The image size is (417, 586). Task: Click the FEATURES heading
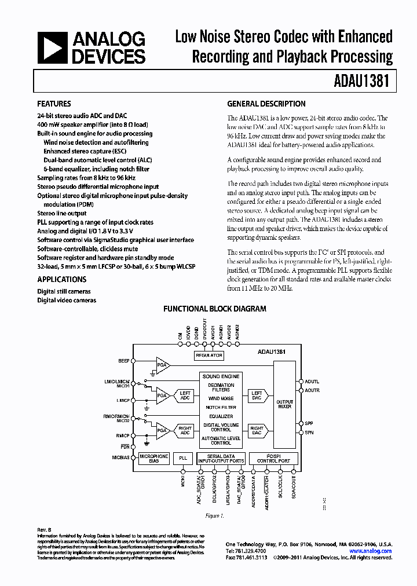54,104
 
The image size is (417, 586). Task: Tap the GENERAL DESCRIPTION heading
266,104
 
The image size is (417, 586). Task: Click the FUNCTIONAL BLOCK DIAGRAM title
214,309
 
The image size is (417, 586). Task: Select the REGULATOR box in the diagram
209,356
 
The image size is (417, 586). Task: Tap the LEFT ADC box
185,395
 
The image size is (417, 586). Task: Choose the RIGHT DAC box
257,432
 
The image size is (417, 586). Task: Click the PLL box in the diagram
184,457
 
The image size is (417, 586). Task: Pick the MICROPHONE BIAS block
154,457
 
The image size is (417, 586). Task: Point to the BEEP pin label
123,361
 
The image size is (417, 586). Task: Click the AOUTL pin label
312,382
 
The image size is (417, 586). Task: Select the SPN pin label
310,433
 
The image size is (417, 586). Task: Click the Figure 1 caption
214,515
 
